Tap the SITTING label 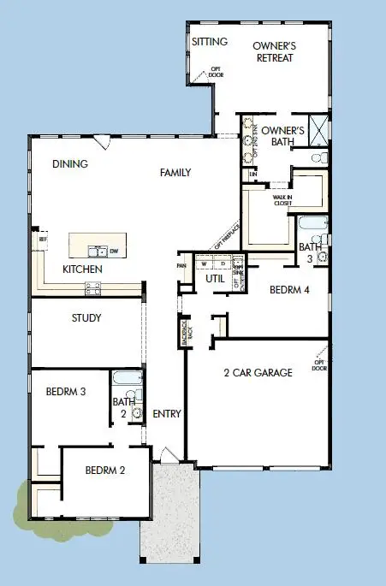coord(209,41)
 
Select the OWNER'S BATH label coord(282,135)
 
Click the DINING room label coord(70,164)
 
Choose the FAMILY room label coord(175,172)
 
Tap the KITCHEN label coord(83,269)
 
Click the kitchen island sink coord(98,250)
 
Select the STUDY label coord(86,318)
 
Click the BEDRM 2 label coord(105,471)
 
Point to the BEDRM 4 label coord(288,289)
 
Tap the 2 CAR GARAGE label coord(258,372)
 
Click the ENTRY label coord(166,414)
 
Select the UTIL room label coord(215,279)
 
